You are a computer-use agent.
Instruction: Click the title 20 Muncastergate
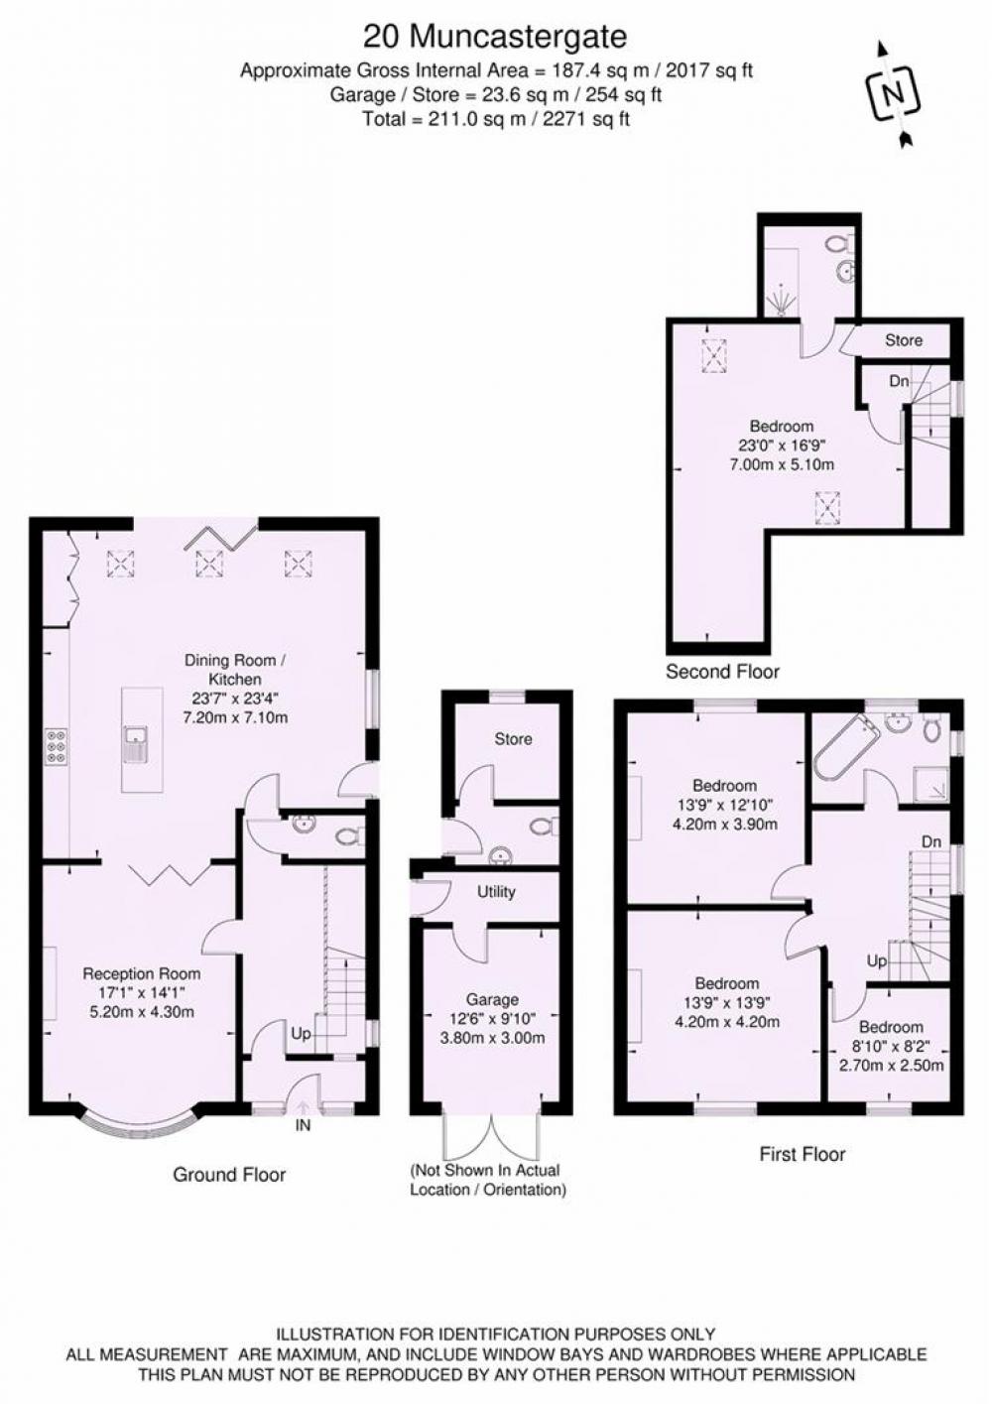tap(495, 37)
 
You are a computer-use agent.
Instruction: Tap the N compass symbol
tap(893, 94)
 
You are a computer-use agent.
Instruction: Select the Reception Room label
tap(142, 973)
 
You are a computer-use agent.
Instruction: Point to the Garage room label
tap(492, 1000)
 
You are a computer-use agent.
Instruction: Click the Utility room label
tap(496, 892)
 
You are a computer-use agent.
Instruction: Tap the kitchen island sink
tap(136, 744)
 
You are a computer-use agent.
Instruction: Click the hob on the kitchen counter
tap(56, 746)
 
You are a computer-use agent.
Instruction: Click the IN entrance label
tap(303, 1125)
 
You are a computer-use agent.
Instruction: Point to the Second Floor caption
tap(722, 672)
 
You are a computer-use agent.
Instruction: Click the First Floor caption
tap(803, 1154)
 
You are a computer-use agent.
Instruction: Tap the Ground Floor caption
tap(229, 1175)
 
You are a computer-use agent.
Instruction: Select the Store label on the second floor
tap(904, 340)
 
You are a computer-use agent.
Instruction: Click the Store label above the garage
tap(513, 739)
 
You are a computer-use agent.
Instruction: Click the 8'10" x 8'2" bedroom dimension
tap(891, 1046)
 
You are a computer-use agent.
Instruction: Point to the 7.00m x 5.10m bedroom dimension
tap(782, 465)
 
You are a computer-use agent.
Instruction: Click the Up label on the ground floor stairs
tap(302, 1034)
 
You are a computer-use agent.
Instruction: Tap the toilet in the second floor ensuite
tap(842, 243)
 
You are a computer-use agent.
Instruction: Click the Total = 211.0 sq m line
tap(496, 119)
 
